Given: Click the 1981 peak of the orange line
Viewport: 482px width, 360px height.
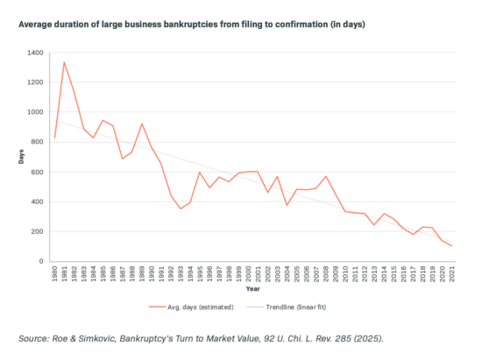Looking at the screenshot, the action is tap(64, 62).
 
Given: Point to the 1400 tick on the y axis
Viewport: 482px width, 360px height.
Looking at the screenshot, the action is tap(35, 53).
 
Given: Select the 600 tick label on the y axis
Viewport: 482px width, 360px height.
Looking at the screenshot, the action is tap(37, 172).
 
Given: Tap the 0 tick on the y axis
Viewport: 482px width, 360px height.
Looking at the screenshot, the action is tap(41, 261).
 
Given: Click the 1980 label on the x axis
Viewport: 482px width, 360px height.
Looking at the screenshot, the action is tap(54, 273).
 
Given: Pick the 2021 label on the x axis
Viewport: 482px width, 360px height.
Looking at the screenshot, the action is tap(452, 273).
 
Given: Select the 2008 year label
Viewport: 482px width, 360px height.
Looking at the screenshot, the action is tap(326, 273).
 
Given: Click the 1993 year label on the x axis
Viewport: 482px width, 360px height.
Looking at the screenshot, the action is tap(181, 273).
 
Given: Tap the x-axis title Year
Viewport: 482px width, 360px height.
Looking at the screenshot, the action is tap(252, 289).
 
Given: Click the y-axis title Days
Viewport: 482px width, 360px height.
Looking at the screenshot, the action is tap(21, 157).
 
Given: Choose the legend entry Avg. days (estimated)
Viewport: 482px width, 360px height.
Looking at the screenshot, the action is tap(191, 307).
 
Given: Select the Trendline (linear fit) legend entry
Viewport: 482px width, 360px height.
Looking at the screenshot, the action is tap(287, 307).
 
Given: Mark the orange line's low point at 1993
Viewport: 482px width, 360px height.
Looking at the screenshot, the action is tap(181, 208).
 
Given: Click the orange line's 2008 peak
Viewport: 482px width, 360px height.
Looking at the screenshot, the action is tap(326, 176).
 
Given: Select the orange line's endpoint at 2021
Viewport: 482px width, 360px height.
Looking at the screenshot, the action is tap(452, 246).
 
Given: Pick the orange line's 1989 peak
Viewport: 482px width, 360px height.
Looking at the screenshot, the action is tap(142, 124).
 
